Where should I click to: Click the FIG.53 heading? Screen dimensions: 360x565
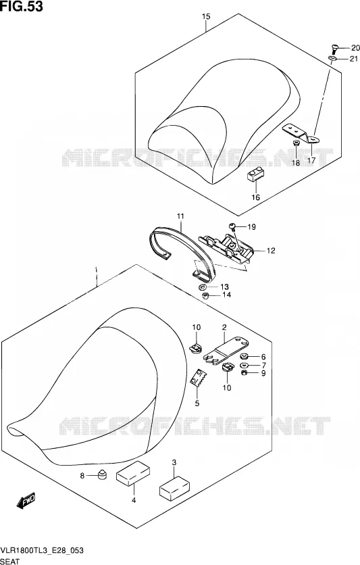point(22,6)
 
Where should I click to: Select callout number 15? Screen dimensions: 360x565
point(206,17)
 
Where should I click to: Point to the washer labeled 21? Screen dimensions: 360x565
point(332,58)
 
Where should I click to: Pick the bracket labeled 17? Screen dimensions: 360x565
point(301,132)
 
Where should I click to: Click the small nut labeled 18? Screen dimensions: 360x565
point(296,144)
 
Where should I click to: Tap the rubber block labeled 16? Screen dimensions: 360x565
point(255,174)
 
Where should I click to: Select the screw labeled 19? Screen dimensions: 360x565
point(232,226)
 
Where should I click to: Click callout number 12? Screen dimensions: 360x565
point(271,251)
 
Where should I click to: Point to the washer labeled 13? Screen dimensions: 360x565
point(203,287)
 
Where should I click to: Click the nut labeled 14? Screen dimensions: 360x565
point(205,296)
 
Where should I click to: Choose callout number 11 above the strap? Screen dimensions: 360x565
point(180,216)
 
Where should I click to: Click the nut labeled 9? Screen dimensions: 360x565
point(244,372)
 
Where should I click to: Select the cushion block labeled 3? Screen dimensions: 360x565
point(175,488)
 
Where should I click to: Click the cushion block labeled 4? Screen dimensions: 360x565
point(133,473)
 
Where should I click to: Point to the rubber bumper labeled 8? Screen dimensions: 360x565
point(103,474)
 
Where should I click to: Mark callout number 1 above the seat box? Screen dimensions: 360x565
point(96,270)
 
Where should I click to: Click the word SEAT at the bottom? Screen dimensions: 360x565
point(10,562)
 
